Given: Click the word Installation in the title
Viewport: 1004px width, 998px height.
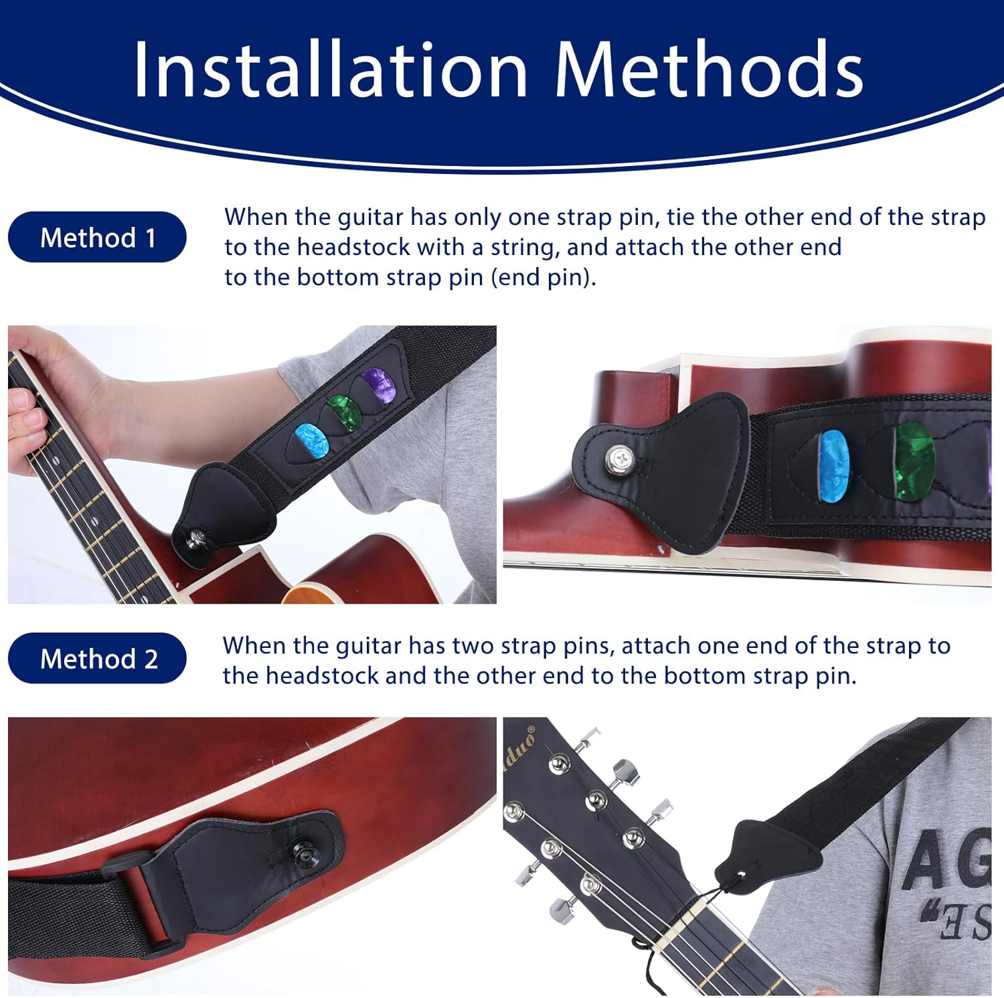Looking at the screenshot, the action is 331,69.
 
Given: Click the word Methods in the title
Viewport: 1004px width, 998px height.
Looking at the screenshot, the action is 709,69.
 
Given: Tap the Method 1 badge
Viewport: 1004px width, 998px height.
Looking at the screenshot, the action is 97,237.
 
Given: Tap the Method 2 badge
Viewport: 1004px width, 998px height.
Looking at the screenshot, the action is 97,659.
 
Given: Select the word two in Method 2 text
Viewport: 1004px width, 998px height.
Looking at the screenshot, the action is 473,646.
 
